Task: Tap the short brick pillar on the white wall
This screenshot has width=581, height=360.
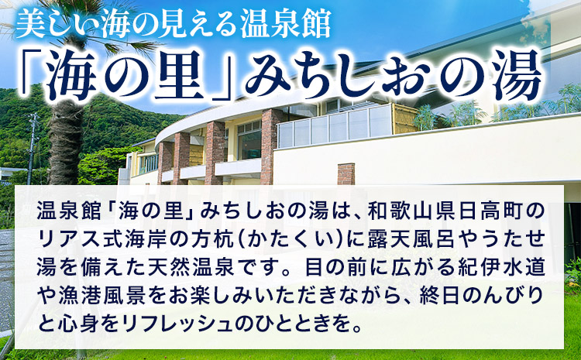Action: click(x=346, y=173)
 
